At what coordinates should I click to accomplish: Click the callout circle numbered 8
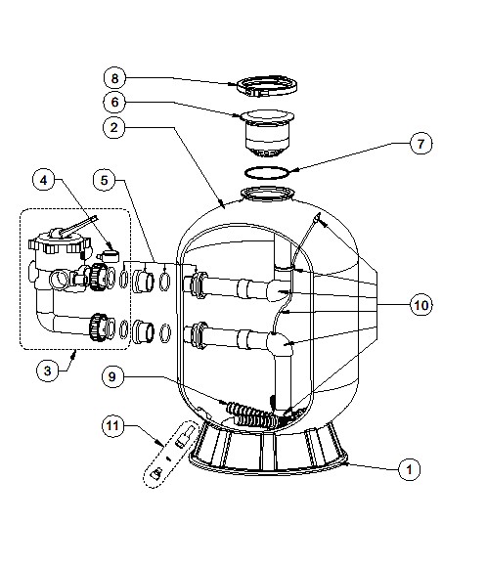114,78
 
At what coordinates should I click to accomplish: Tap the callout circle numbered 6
114,102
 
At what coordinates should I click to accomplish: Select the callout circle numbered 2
114,127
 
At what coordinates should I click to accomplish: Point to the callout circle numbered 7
421,144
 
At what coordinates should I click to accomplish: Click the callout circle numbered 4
44,180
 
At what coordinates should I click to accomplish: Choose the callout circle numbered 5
105,180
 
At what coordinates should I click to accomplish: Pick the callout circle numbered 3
47,371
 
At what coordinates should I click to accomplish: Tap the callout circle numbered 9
112,376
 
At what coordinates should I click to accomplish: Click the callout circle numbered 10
421,305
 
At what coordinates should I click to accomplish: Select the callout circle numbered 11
112,425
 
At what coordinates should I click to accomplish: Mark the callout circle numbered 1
409,469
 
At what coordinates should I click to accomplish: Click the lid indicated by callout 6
267,132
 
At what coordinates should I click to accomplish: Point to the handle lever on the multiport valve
79,227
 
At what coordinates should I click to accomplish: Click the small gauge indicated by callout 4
109,256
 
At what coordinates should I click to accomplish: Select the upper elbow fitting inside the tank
280,289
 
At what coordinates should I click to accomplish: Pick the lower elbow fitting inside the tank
280,343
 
